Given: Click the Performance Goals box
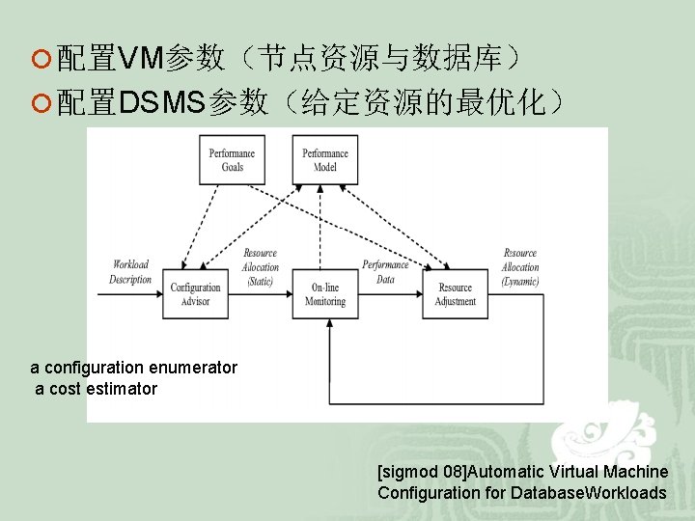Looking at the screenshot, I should click(232, 159).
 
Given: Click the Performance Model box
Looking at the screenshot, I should click(325, 159).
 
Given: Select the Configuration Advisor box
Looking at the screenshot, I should click(196, 293).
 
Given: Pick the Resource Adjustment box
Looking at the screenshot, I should click(456, 293).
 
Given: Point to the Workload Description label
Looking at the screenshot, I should click(131, 272).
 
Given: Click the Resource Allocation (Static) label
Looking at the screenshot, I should click(260, 267).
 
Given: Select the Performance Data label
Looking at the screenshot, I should click(385, 272).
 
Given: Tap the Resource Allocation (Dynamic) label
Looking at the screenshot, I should click(520, 267).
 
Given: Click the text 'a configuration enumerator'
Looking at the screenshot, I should click(133, 368).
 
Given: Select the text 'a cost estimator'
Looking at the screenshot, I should click(96, 389).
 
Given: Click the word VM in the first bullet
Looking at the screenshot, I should click(141, 60).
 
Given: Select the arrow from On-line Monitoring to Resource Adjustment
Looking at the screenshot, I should click(391, 293).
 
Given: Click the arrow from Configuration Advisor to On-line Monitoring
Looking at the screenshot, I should click(260, 293).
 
